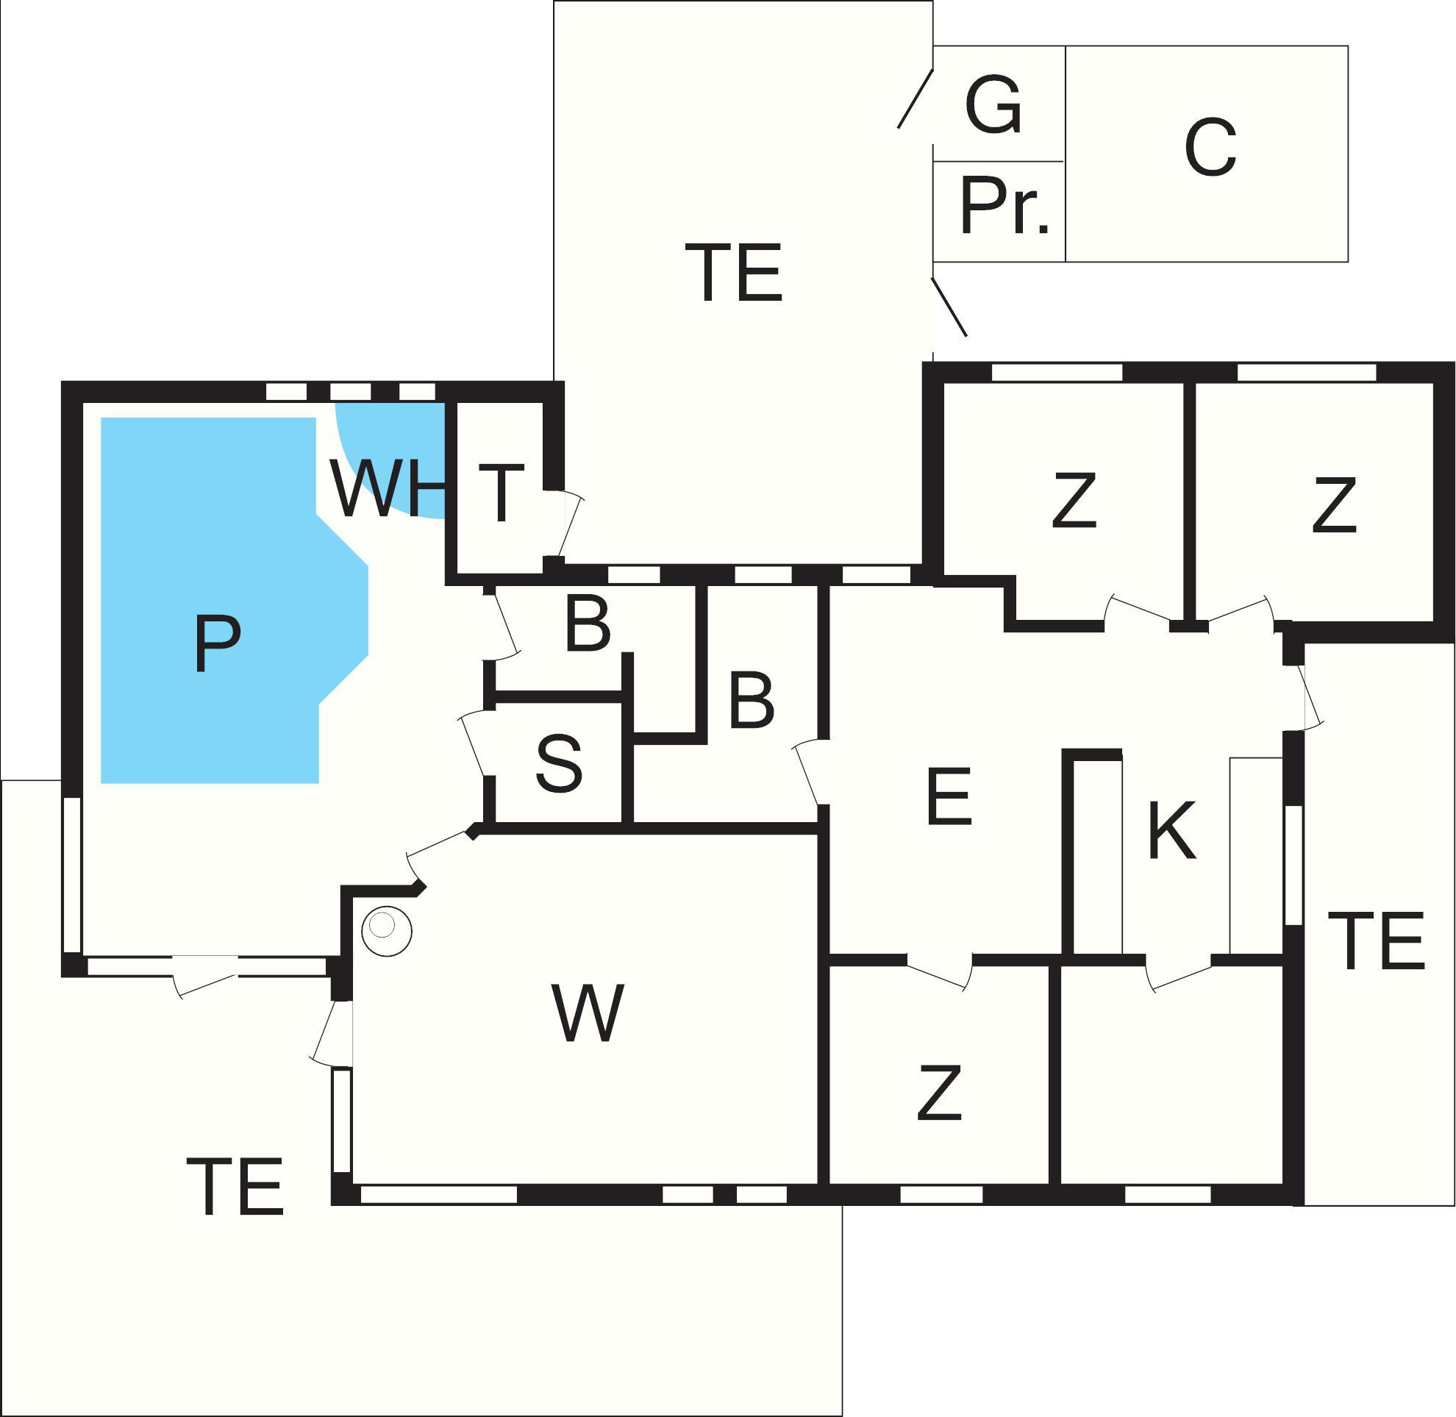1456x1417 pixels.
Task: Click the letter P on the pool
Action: click(217, 643)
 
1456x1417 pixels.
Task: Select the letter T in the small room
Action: click(501, 493)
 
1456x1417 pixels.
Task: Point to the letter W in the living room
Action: click(588, 1013)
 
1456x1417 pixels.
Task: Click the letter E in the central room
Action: click(949, 796)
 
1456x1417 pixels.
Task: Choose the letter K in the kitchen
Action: click(1171, 829)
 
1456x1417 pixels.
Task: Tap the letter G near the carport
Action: click(993, 105)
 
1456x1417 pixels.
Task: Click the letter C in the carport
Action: click(1210, 147)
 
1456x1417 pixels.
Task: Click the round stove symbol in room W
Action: click(386, 930)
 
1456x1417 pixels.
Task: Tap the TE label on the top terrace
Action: click(733, 272)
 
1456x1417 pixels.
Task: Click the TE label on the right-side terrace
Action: click(1376, 940)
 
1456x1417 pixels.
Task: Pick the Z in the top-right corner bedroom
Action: click(1333, 505)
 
